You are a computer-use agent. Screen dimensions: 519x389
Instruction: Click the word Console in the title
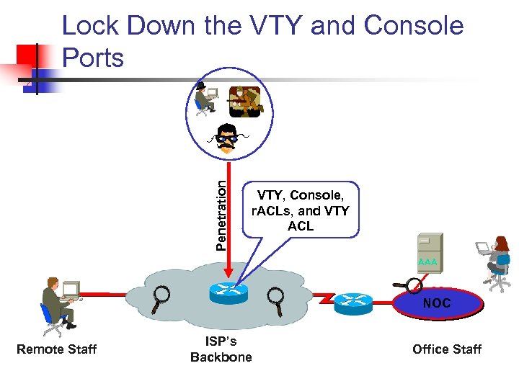(x=414, y=25)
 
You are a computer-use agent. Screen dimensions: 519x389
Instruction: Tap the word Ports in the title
(x=93, y=58)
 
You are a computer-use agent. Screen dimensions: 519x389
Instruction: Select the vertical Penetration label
(x=221, y=215)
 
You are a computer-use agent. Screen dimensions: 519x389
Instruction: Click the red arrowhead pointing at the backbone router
(x=229, y=272)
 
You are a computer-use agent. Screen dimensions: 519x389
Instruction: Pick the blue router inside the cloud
(x=229, y=292)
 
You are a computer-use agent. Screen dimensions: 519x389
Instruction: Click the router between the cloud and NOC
(x=353, y=303)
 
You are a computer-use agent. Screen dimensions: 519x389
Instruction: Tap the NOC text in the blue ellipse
(x=437, y=303)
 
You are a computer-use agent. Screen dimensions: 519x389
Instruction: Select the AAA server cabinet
(x=430, y=253)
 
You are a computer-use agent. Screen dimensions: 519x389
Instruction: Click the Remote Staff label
(x=57, y=349)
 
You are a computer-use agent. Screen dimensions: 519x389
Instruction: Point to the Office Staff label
(x=447, y=349)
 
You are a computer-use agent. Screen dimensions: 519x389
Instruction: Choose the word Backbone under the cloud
(x=221, y=357)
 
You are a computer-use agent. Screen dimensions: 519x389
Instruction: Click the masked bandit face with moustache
(x=228, y=138)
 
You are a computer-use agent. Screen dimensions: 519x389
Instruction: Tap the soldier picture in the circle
(x=245, y=102)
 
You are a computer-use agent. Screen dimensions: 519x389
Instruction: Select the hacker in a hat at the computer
(x=206, y=99)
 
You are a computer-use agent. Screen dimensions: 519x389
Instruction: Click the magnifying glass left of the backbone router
(x=161, y=299)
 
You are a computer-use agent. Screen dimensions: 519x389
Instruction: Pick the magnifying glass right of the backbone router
(x=275, y=301)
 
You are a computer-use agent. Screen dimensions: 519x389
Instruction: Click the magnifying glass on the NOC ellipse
(x=408, y=285)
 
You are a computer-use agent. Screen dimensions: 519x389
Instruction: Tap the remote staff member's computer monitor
(x=71, y=288)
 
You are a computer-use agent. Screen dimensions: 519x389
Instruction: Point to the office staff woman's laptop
(x=483, y=248)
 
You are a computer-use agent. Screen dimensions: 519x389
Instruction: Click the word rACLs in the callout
(x=272, y=210)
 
